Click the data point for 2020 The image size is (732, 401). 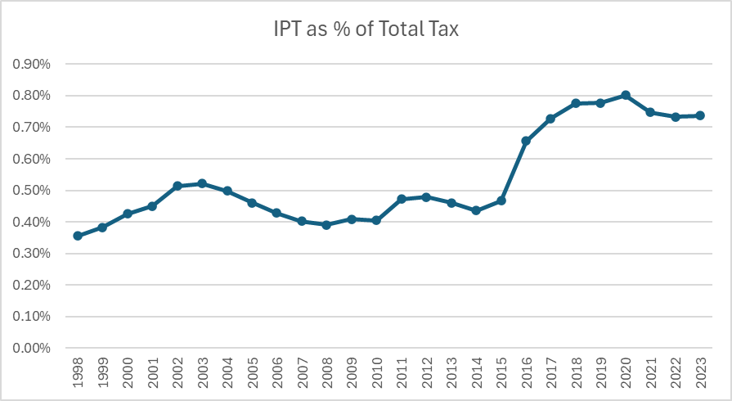(x=625, y=95)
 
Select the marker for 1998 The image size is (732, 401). (x=78, y=236)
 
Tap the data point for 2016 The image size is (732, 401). (x=526, y=141)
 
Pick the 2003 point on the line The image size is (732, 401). (x=202, y=183)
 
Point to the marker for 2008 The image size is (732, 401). (x=326, y=224)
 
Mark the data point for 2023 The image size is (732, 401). (x=700, y=115)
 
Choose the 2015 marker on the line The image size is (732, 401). (x=501, y=200)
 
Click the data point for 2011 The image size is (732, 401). (x=402, y=199)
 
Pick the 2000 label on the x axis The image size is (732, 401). (x=128, y=372)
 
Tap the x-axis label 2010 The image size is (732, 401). (x=376, y=372)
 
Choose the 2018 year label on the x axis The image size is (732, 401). (x=576, y=372)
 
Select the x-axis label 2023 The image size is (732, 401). (x=700, y=372)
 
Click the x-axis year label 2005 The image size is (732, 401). (x=252, y=372)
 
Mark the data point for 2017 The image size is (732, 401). (x=550, y=119)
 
